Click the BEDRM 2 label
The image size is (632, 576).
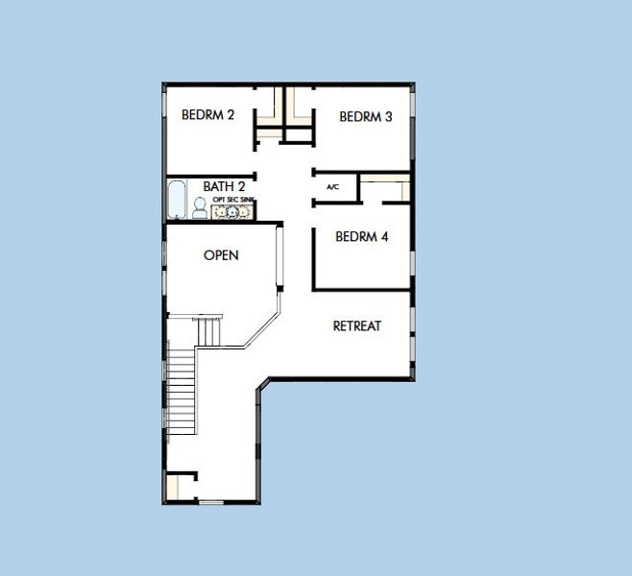[207, 115]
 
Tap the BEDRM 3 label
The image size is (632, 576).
[366, 117]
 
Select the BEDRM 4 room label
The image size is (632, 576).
[361, 236]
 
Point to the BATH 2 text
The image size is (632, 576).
[224, 186]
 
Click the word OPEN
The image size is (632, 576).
[221, 255]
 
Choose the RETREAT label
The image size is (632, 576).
[356, 326]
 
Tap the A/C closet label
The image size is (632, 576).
[333, 187]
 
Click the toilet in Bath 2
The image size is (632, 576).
[200, 207]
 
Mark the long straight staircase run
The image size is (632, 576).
[182, 389]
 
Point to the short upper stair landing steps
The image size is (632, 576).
[209, 332]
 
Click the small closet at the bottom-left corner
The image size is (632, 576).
[179, 487]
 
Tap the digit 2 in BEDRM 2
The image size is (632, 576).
[231, 115]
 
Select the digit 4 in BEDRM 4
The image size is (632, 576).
[384, 236]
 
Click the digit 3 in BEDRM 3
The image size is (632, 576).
[389, 117]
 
